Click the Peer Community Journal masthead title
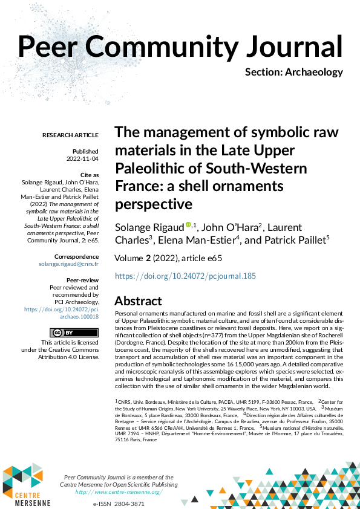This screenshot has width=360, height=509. coord(180,46)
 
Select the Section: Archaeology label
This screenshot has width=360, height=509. coord(293,73)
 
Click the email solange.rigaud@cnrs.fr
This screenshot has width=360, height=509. coord(68,265)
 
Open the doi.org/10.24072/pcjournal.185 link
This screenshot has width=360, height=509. coord(185,276)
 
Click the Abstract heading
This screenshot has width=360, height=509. coord(138,301)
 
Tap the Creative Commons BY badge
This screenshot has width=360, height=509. coord(65,332)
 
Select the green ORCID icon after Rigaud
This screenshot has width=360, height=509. coord(188,225)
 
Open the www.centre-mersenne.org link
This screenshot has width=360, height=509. coord(119,492)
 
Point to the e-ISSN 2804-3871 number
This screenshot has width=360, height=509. coord(119,504)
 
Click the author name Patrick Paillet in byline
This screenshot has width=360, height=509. coord(295,240)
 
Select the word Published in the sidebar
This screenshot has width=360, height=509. coord(85,151)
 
